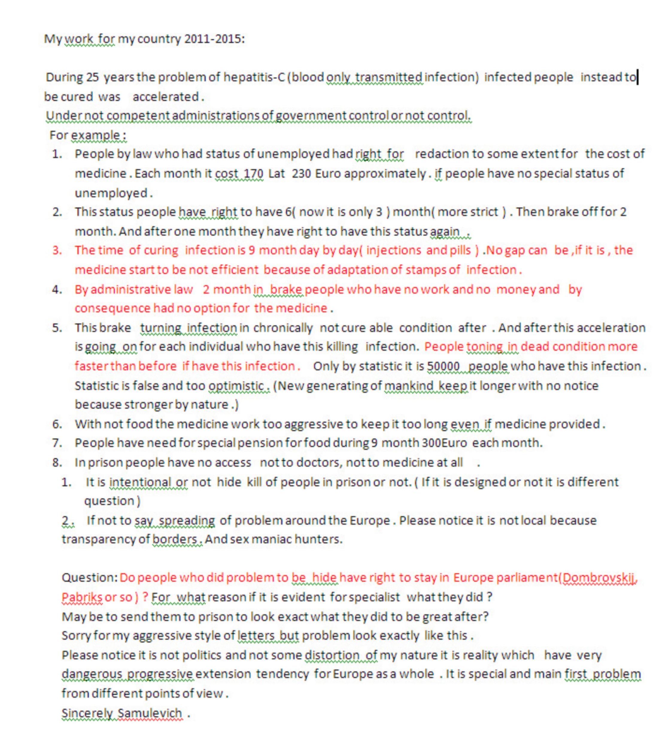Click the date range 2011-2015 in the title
point(214,39)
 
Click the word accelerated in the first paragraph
point(165,97)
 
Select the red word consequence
point(113,308)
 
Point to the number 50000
point(443,366)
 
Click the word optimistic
point(236,386)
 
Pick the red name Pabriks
point(82,597)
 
